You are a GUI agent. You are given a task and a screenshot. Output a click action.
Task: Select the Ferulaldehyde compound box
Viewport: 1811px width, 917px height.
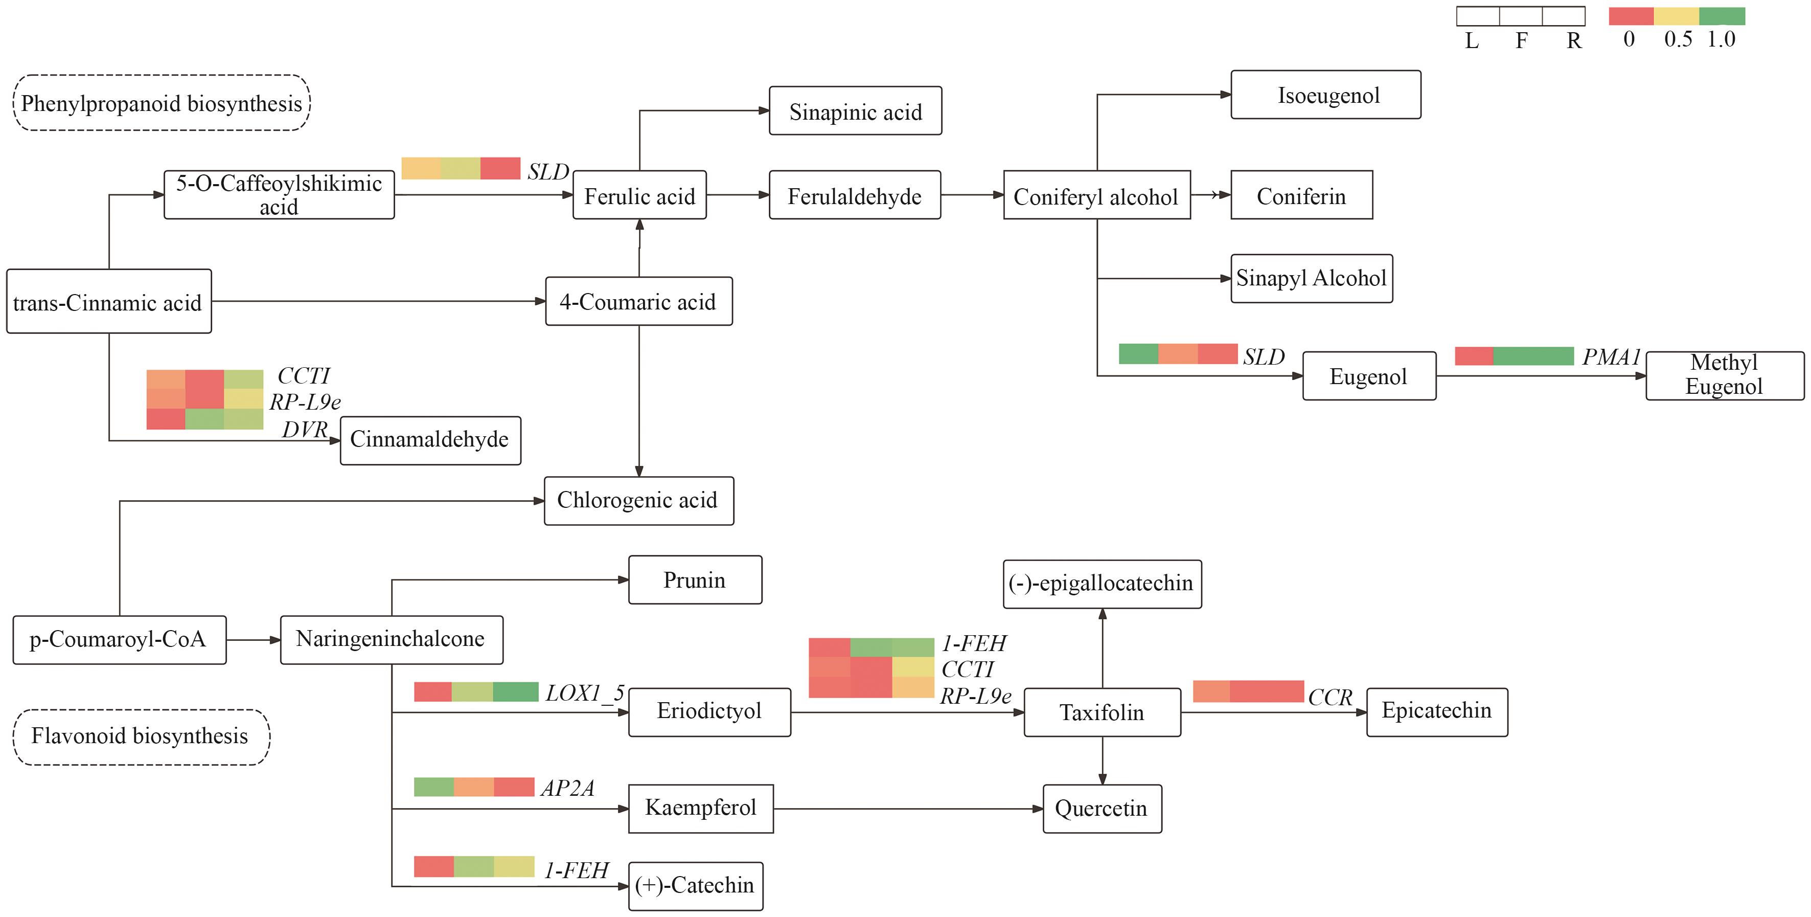854,195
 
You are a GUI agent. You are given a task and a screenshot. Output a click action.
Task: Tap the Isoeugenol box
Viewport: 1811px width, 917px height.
1325,95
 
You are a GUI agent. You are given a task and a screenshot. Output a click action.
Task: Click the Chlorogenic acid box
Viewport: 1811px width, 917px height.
638,501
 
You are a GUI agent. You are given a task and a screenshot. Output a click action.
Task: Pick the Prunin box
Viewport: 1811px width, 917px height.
695,580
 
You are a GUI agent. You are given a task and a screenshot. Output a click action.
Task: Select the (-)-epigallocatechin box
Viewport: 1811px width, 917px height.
1102,584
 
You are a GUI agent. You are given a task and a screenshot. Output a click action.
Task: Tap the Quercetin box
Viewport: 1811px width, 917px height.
1102,809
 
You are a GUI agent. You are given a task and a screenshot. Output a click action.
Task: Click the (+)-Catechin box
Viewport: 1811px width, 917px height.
695,885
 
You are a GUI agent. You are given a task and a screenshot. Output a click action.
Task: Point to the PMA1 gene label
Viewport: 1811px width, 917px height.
1611,357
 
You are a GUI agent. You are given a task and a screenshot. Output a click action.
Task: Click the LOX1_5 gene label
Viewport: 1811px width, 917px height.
585,694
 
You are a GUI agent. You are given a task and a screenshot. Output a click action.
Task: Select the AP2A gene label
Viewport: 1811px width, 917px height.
567,788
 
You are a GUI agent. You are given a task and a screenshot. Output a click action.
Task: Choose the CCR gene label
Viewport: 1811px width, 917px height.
1330,697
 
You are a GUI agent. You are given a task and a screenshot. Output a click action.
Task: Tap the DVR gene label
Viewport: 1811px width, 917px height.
305,429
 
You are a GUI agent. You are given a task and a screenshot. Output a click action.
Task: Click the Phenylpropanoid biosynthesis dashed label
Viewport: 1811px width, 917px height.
162,103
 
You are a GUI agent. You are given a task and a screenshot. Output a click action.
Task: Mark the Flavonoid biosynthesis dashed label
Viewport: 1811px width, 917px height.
141,736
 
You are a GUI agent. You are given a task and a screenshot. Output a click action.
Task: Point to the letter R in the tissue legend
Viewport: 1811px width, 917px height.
1574,41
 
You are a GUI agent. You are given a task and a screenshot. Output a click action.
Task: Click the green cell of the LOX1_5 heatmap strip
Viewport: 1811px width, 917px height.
515,691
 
